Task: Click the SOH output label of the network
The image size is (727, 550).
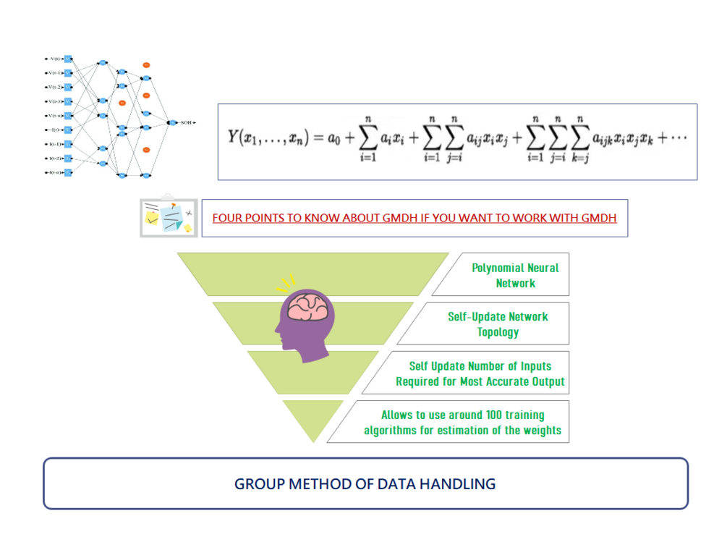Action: tap(187, 123)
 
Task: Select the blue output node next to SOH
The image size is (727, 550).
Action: tap(174, 123)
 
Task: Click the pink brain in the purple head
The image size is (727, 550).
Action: tap(310, 307)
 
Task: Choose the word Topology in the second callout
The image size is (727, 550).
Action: tap(498, 332)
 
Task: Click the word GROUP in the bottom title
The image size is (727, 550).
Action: tap(258, 484)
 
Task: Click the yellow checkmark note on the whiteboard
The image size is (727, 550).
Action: tap(153, 219)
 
